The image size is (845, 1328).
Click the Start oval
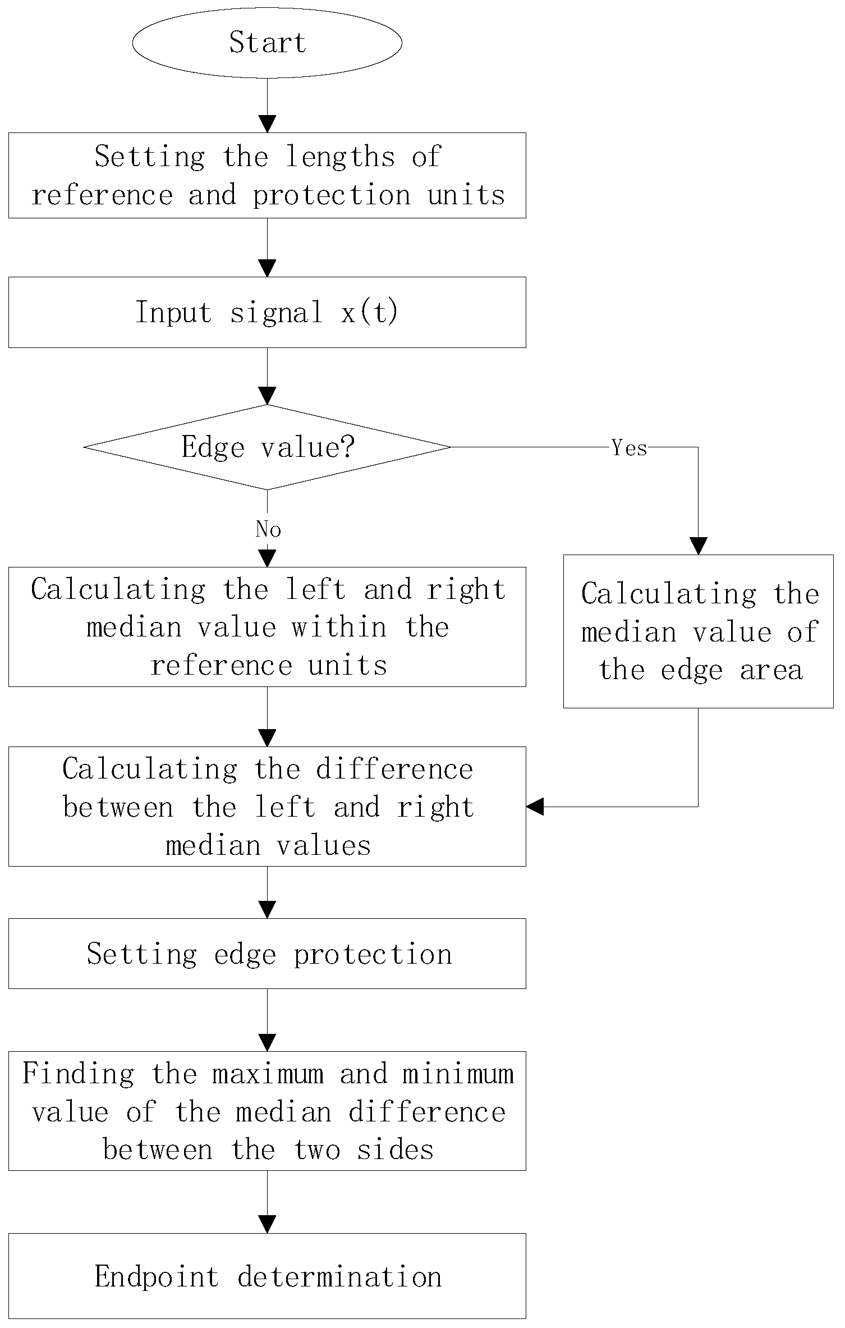coord(267,43)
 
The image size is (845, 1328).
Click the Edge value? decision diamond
coord(267,447)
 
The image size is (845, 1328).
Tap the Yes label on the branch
coord(629,448)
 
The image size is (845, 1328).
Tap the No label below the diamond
coord(268,529)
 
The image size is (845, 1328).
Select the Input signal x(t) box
coord(267,312)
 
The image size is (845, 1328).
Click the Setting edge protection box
coord(267,954)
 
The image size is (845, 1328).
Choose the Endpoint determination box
coord(267,1277)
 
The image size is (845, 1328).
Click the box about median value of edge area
coord(698,631)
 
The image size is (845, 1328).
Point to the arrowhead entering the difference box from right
coord(535,807)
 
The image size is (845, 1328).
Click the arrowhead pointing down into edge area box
coord(698,546)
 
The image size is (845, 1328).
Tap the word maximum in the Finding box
coord(268,1074)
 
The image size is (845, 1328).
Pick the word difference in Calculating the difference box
coord(394,769)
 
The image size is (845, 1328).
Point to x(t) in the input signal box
coord(369,312)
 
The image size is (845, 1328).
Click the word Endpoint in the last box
coord(157,1277)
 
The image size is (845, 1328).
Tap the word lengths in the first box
coord(340,157)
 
